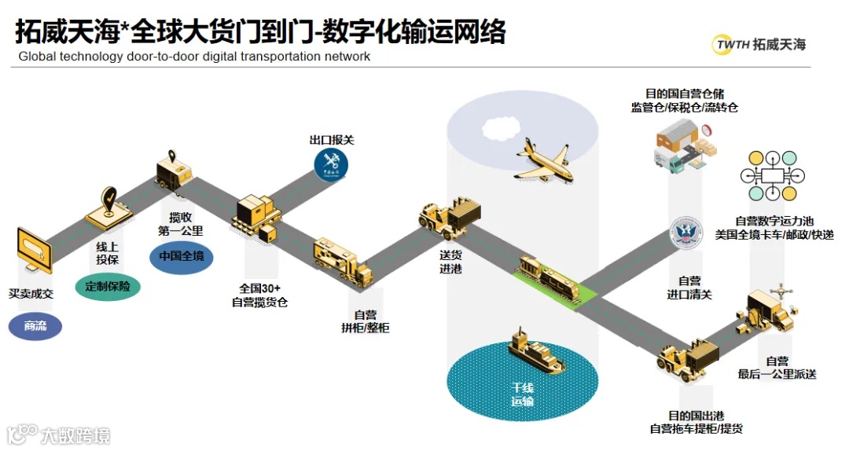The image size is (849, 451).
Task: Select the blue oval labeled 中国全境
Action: [x=181, y=257]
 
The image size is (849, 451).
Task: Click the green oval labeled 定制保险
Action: [x=108, y=286]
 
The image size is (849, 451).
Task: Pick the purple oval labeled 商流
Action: [x=35, y=325]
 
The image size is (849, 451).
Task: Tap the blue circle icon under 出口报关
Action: [x=331, y=164]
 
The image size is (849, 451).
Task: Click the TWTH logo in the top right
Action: [x=759, y=45]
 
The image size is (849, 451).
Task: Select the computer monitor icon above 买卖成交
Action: [x=32, y=251]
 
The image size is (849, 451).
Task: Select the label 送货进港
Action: [x=450, y=262]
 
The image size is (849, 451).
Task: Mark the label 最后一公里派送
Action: [x=777, y=367]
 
